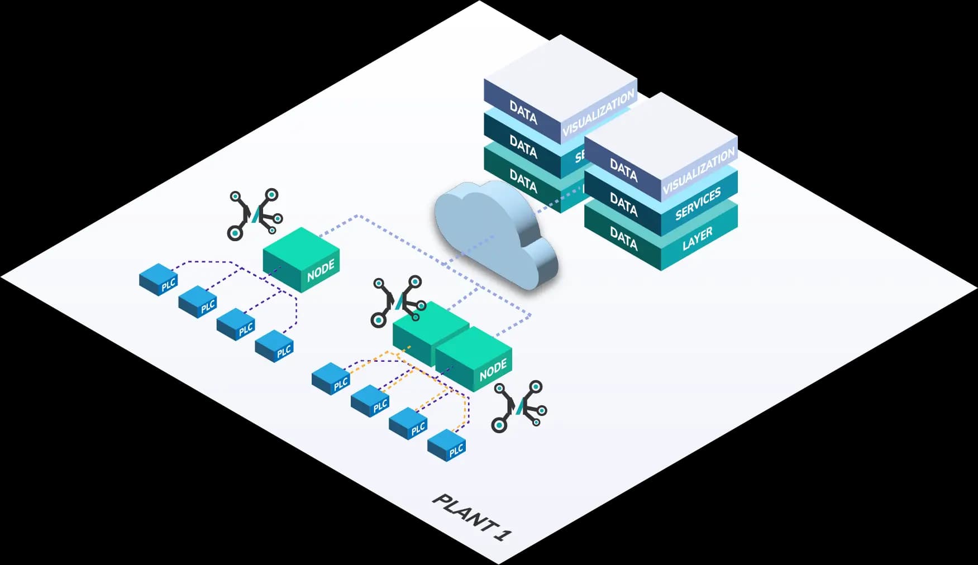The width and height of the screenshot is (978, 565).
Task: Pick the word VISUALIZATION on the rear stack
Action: coord(598,112)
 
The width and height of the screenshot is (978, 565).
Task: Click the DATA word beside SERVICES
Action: coord(623,204)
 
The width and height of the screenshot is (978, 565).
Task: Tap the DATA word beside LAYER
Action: coord(623,238)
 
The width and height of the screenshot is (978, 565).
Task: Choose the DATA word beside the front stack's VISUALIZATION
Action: coord(623,170)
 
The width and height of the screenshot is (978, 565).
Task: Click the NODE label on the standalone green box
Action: coord(321,270)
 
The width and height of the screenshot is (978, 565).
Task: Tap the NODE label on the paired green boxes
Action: coord(493,370)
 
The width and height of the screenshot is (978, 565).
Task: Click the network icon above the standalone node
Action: coord(255,214)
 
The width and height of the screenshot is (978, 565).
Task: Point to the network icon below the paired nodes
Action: coord(519,406)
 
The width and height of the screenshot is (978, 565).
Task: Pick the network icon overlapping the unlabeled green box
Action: coord(398,300)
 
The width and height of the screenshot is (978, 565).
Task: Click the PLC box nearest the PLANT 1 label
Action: coord(447,445)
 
